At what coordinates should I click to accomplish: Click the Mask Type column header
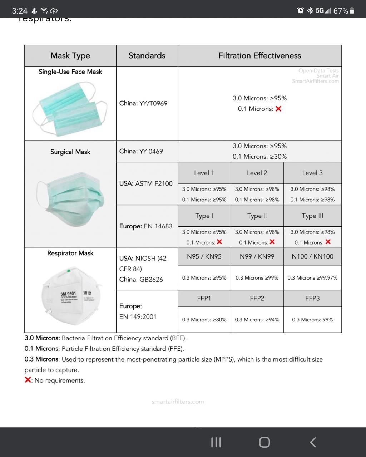point(70,56)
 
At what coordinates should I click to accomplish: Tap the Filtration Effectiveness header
point(259,56)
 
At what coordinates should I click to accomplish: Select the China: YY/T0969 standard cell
point(143,103)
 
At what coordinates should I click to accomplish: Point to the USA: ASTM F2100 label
point(146,183)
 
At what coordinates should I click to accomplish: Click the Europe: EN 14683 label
point(146,226)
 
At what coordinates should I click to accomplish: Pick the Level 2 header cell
point(257,173)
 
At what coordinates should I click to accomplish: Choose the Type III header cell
point(312,216)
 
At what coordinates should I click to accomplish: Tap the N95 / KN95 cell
point(204,256)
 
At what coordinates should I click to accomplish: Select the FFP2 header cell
point(257,298)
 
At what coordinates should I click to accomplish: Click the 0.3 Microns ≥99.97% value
point(312,277)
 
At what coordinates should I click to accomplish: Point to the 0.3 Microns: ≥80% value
point(204,319)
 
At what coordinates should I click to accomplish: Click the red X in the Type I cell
point(219,242)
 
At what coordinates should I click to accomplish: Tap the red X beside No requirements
point(28,380)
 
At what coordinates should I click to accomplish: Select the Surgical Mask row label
point(70,152)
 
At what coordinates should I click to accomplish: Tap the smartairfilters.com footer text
point(178,402)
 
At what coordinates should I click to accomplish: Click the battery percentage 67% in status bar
point(341,11)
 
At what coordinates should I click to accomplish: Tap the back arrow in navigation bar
point(313,442)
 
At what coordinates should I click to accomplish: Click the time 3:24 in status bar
point(20,11)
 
